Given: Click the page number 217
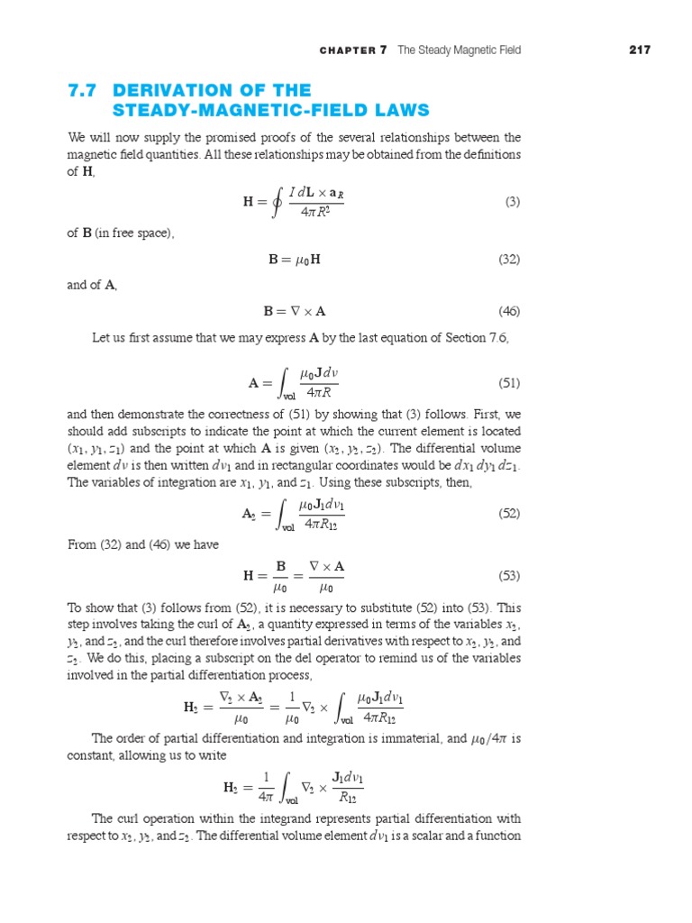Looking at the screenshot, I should pyautogui.click(x=639, y=50).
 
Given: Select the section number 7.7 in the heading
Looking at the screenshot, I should pyautogui.click(x=85, y=90).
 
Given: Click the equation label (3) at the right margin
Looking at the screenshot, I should pyautogui.click(x=513, y=202).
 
